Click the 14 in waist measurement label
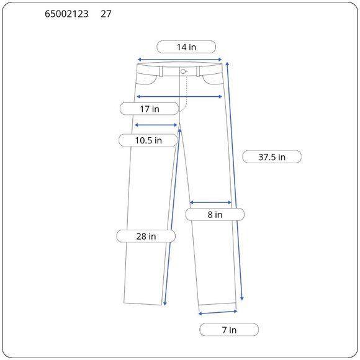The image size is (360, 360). [x=186, y=47]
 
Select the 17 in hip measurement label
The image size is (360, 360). [x=149, y=109]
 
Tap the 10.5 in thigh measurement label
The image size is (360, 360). [x=148, y=140]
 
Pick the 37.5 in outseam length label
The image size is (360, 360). [x=272, y=157]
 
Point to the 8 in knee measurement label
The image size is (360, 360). [x=215, y=214]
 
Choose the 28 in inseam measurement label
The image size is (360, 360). [x=146, y=236]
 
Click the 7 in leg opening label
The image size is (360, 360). [x=229, y=330]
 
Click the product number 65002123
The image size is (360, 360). [x=66, y=14]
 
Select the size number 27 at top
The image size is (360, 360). [x=106, y=14]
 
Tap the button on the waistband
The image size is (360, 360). [x=183, y=71]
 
